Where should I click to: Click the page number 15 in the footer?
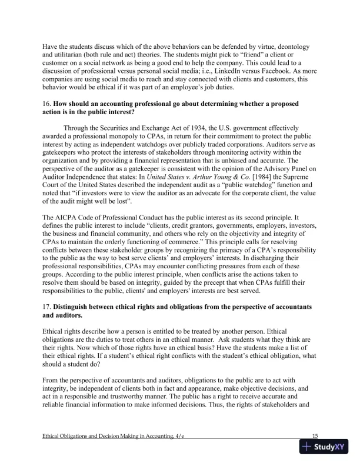(315, 435)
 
